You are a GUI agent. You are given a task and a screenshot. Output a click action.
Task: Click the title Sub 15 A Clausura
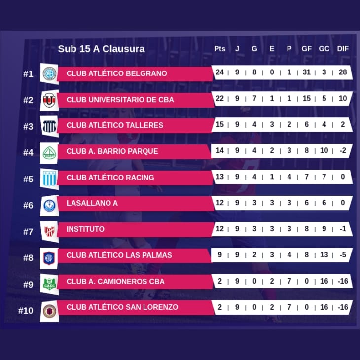[x=101, y=49]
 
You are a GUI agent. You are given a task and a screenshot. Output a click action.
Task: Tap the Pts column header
[x=219, y=49]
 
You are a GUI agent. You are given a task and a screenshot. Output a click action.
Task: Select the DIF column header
[x=342, y=49]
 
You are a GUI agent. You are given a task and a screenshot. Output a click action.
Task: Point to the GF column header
[x=306, y=49]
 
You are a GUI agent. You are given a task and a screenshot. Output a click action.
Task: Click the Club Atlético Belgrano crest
[x=49, y=73]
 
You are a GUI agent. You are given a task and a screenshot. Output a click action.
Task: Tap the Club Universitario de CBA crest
[x=49, y=100]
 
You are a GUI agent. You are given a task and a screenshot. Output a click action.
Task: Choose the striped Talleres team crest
[x=49, y=126]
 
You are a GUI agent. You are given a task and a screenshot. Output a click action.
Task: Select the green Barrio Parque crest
[x=49, y=152]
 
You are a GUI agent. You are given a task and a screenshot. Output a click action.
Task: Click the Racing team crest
[x=49, y=178]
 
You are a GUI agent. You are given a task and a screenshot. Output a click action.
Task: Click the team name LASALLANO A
[x=92, y=203]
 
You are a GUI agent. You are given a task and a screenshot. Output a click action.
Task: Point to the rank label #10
[x=26, y=311]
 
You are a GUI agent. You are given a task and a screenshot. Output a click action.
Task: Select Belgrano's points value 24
[x=219, y=72]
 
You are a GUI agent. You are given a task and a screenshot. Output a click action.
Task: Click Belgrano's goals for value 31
[x=306, y=72]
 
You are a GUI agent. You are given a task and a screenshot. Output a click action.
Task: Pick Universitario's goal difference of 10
[x=342, y=99]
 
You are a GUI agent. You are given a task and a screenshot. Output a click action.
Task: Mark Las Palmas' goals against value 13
[x=324, y=255]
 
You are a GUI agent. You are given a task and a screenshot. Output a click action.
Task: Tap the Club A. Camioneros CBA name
[x=115, y=282]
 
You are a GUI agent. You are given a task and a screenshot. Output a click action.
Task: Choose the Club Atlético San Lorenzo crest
[x=49, y=310]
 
